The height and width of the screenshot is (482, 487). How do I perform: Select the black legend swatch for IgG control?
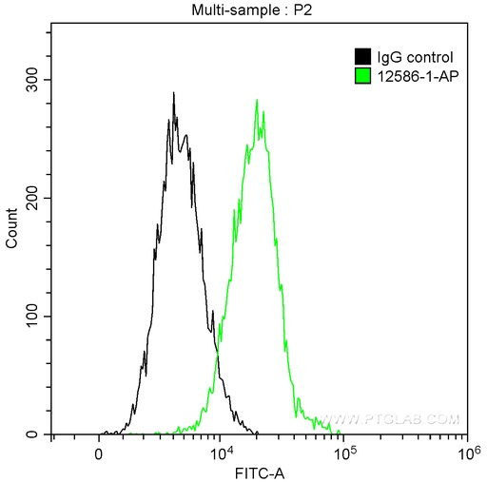[362, 57]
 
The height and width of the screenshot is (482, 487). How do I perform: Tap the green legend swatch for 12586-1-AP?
[362, 74]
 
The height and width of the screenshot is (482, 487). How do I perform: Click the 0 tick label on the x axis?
[99, 453]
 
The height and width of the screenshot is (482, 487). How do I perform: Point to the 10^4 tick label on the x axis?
[220, 451]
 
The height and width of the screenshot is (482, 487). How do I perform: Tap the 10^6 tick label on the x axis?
[466, 451]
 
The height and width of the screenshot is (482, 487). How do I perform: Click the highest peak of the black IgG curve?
[173, 93]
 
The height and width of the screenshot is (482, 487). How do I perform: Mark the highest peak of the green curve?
[257, 100]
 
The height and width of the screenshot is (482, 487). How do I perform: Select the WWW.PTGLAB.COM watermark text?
[391, 418]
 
